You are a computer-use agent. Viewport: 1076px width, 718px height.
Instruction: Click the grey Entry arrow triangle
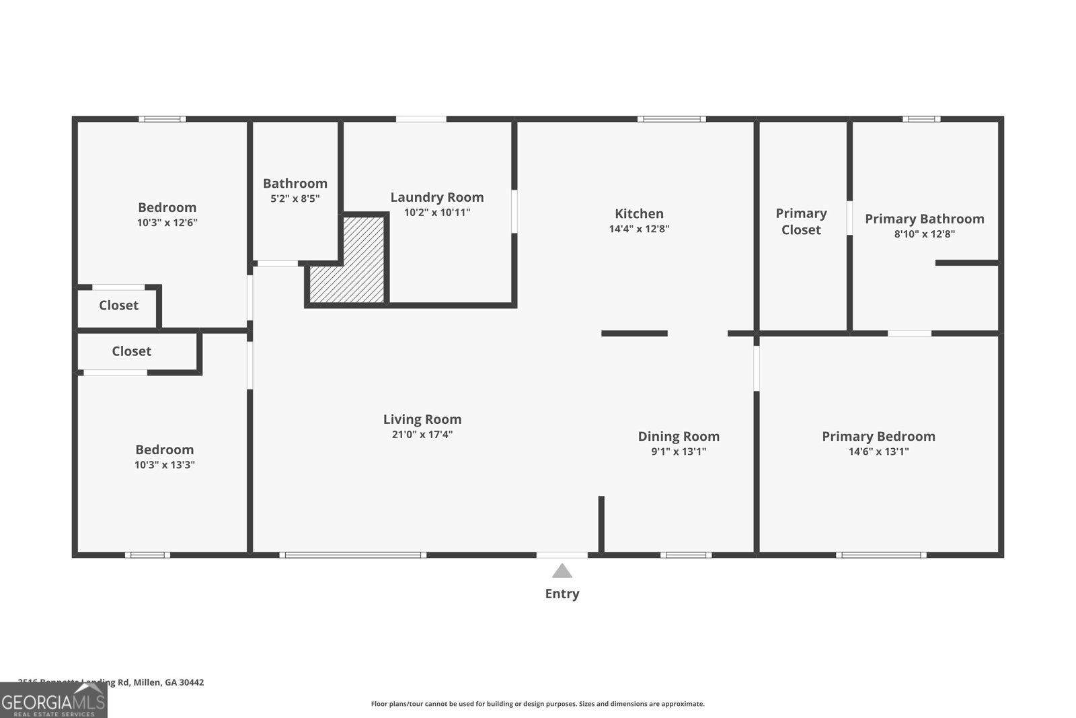(562, 572)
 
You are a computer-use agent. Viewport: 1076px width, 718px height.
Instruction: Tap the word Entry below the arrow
(562, 594)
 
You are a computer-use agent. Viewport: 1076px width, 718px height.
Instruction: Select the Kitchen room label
(639, 213)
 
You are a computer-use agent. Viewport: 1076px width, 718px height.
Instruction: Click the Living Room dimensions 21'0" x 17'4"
(422, 435)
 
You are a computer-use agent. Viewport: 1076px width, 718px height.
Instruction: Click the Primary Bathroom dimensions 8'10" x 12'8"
(924, 234)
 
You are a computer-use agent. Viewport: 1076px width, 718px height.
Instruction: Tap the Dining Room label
(679, 436)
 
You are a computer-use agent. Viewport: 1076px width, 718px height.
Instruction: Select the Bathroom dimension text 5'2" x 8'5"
(295, 199)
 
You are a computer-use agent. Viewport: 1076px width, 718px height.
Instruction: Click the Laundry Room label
(437, 197)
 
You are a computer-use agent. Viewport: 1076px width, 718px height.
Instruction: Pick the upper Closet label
(118, 305)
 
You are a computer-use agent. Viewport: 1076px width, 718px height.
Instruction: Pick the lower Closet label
(131, 351)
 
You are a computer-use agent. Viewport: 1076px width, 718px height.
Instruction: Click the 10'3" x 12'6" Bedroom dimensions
(167, 223)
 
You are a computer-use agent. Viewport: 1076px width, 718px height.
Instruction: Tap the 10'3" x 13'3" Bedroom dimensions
(164, 465)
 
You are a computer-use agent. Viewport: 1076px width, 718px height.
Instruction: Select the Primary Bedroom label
(878, 436)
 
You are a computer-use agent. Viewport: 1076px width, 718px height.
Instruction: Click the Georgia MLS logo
(53, 701)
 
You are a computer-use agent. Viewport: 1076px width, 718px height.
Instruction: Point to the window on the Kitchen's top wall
(672, 119)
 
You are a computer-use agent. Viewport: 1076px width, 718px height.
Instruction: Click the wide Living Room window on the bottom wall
(352, 555)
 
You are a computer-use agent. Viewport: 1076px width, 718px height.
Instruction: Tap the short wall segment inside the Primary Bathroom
(966, 262)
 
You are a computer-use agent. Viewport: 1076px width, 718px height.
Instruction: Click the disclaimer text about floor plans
(537, 704)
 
